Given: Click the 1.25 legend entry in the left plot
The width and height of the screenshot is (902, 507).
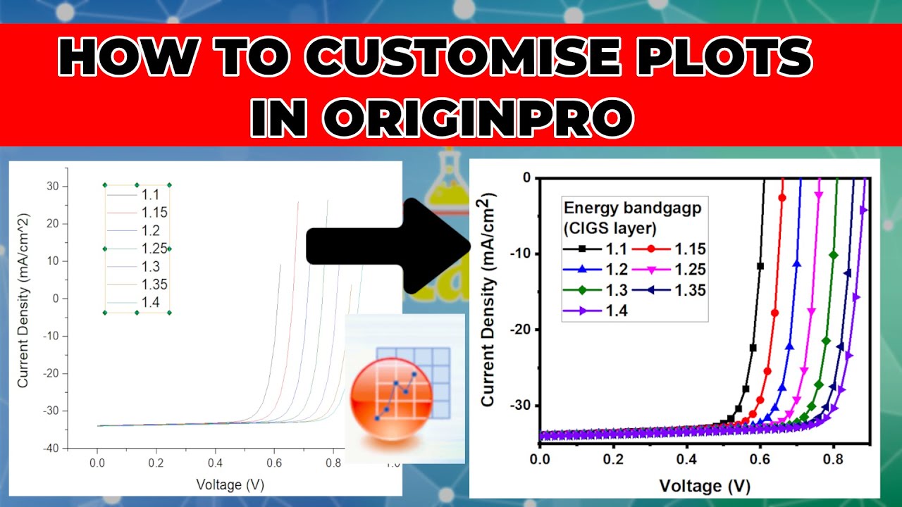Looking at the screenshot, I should tap(154, 249).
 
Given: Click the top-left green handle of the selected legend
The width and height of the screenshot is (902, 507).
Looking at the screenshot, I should tap(105, 185).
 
